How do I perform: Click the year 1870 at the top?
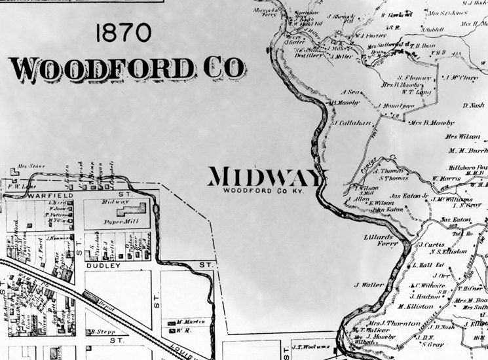point(123,33)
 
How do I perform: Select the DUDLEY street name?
point(100,266)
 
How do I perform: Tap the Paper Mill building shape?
point(134,211)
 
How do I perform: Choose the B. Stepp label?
point(103,332)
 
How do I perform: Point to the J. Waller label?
point(369,285)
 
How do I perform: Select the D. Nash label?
point(472,105)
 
